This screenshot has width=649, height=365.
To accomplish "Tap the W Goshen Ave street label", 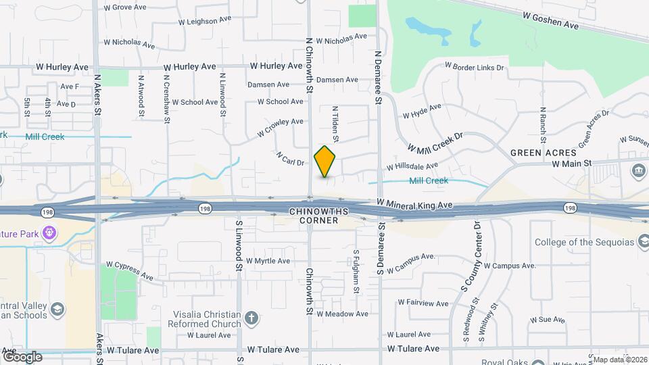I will click(x=550, y=20).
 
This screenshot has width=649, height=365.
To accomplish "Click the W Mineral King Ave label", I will click(x=414, y=203).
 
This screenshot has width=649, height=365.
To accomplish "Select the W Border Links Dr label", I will click(x=474, y=68).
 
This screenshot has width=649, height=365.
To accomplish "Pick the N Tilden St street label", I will click(x=335, y=124).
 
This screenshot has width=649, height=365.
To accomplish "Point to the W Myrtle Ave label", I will click(x=268, y=261).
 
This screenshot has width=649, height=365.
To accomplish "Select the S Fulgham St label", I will click(x=356, y=272).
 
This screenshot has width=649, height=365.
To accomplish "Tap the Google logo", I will click(x=22, y=356).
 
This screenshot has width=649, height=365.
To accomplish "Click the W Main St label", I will click(x=571, y=164).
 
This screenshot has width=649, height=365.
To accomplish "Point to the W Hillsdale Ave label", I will click(x=412, y=166).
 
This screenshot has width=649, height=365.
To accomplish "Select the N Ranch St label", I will click(x=542, y=119).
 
